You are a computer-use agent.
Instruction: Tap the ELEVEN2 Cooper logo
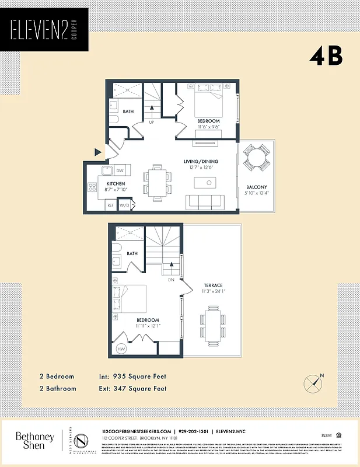pos(44,30)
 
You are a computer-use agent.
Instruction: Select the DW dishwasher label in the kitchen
pos(120,170)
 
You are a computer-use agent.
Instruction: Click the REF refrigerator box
pos(110,205)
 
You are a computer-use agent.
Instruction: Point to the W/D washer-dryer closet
pos(124,205)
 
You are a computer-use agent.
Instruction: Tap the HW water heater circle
pos(121,349)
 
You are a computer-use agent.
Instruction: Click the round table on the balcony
pos(257,156)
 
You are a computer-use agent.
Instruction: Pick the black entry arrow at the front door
pos(98,152)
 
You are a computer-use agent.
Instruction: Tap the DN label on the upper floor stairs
pos(171,280)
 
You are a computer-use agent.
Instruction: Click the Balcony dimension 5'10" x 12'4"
pos(256,194)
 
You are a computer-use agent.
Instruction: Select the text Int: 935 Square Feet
pos(133,377)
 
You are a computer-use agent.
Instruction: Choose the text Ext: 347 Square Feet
pos(133,388)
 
